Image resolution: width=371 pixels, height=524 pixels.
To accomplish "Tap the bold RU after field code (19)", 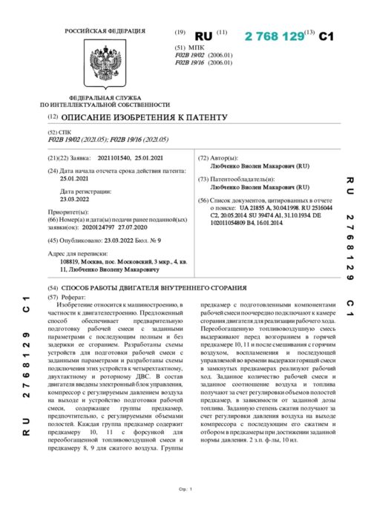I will pyautogui.click(x=203, y=36).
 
